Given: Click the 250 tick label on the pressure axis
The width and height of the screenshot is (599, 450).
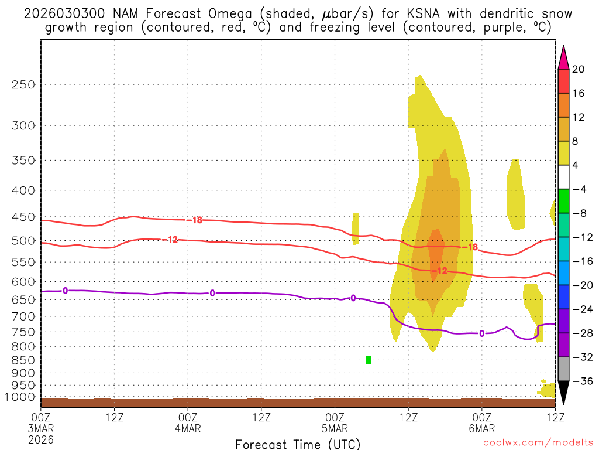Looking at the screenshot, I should [23, 84].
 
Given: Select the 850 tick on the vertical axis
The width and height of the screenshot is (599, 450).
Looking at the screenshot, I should [23, 360].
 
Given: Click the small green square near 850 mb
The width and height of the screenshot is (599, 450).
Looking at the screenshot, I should [369, 360].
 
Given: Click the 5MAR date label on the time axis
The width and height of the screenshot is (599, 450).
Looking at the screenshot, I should [335, 428].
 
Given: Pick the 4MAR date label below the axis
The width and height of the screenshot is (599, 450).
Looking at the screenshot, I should [188, 428].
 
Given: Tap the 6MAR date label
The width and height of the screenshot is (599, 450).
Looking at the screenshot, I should [482, 428].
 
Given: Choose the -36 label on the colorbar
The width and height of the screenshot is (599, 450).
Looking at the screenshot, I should [581, 381].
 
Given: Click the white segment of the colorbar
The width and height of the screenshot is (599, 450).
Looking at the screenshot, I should [563, 178].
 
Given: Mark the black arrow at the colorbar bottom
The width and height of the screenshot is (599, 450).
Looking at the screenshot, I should [563, 393].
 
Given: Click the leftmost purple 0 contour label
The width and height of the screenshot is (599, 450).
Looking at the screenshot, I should [65, 291].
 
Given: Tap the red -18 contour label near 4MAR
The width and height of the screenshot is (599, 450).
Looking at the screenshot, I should [197, 220].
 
